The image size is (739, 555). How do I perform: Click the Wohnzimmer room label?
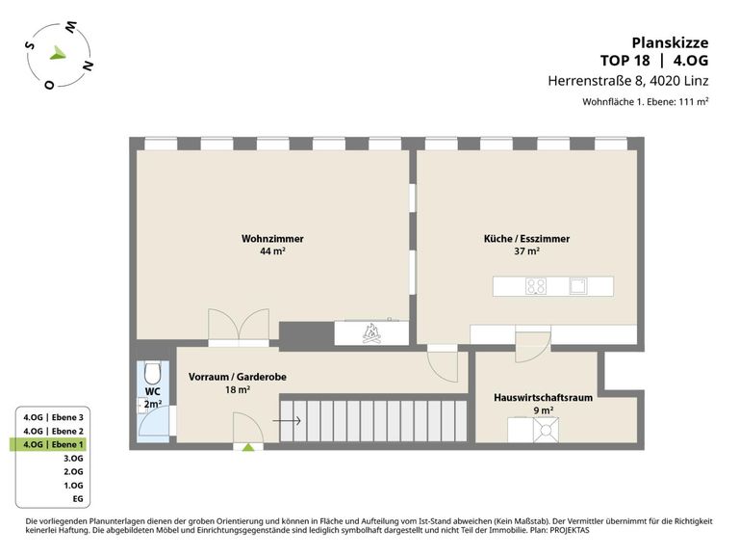pyautogui.click(x=272, y=239)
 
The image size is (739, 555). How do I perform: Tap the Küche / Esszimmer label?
pyautogui.click(x=526, y=239)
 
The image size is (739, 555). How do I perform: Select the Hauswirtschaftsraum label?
pyautogui.click(x=543, y=397)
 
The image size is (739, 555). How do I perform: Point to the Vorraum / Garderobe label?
pyautogui.click(x=237, y=377)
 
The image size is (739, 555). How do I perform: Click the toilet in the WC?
pyautogui.click(x=153, y=373)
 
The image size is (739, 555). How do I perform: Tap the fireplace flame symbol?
pyautogui.click(x=371, y=333)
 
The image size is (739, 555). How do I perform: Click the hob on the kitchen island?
pyautogui.click(x=536, y=286)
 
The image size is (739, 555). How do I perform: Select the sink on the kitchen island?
pyautogui.click(x=578, y=286)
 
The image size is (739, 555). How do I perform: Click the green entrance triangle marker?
pyautogui.click(x=248, y=447)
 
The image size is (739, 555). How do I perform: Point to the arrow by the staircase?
pyautogui.click(x=287, y=420)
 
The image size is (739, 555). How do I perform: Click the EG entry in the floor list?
pyautogui.click(x=78, y=499)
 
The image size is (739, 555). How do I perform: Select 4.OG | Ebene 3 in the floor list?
pyautogui.click(x=53, y=417)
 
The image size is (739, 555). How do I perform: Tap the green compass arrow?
pyautogui.click(x=58, y=53)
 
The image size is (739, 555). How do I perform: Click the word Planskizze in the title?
pyautogui.click(x=670, y=43)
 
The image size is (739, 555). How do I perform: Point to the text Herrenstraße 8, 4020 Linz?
pyautogui.click(x=627, y=81)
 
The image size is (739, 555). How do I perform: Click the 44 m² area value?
pyautogui.click(x=272, y=251)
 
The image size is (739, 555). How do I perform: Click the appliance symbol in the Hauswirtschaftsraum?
pyautogui.click(x=546, y=431)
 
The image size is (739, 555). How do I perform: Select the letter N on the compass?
pyautogui.click(x=88, y=66)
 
